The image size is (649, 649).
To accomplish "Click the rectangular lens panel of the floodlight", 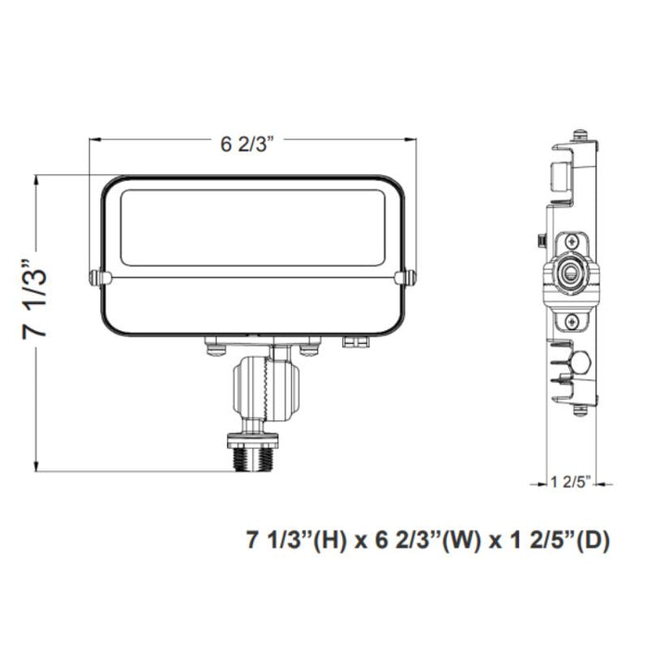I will click(252, 227).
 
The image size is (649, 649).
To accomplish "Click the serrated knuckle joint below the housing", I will click(267, 388).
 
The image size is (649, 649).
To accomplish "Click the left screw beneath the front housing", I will click(214, 348).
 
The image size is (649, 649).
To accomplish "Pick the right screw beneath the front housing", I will click(310, 348).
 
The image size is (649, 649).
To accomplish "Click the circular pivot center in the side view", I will click(566, 274).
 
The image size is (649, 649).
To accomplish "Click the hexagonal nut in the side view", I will click(583, 363).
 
